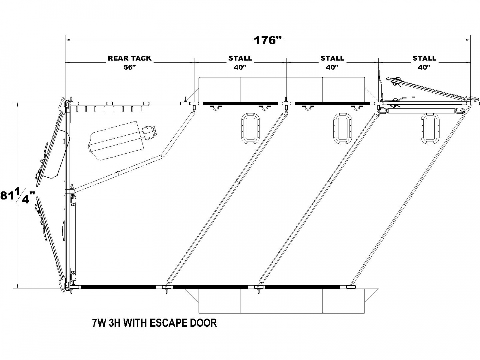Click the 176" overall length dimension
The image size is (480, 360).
click(268, 40)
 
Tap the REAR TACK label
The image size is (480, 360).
click(130, 58)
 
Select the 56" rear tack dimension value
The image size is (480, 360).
click(130, 67)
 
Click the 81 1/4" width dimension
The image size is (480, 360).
click(17, 196)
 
